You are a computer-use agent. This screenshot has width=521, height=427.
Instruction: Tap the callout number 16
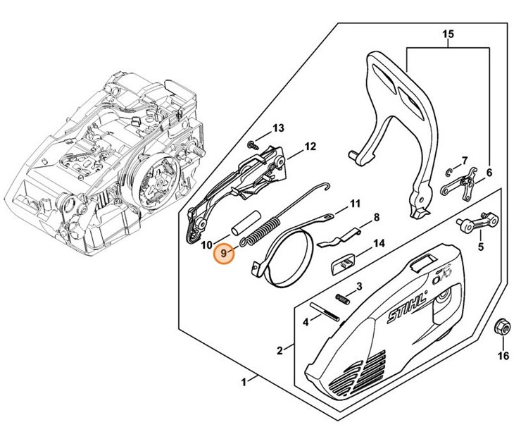(503, 356)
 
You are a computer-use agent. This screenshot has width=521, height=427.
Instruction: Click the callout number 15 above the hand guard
(449, 35)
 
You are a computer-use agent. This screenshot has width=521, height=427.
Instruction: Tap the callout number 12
(310, 147)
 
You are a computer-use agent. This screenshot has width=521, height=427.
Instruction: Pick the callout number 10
(206, 245)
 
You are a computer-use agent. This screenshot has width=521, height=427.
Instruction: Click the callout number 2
(280, 350)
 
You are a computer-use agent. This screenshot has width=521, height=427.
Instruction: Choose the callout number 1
(244, 381)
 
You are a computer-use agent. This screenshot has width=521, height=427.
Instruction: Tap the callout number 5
(481, 247)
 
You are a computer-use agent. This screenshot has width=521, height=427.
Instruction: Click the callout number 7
(464, 161)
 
